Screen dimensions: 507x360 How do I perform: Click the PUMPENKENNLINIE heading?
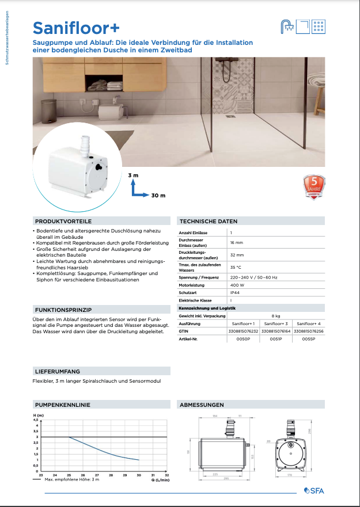62,405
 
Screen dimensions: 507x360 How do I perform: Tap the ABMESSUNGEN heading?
201,405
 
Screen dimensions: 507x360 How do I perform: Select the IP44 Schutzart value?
234,292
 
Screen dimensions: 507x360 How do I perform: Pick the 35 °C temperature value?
236,267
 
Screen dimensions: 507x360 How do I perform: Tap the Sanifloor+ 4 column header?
308,324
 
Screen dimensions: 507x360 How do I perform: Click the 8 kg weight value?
276,316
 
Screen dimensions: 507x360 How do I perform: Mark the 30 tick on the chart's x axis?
138,475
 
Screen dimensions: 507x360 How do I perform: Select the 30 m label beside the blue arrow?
158,196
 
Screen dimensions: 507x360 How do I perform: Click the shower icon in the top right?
286,26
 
